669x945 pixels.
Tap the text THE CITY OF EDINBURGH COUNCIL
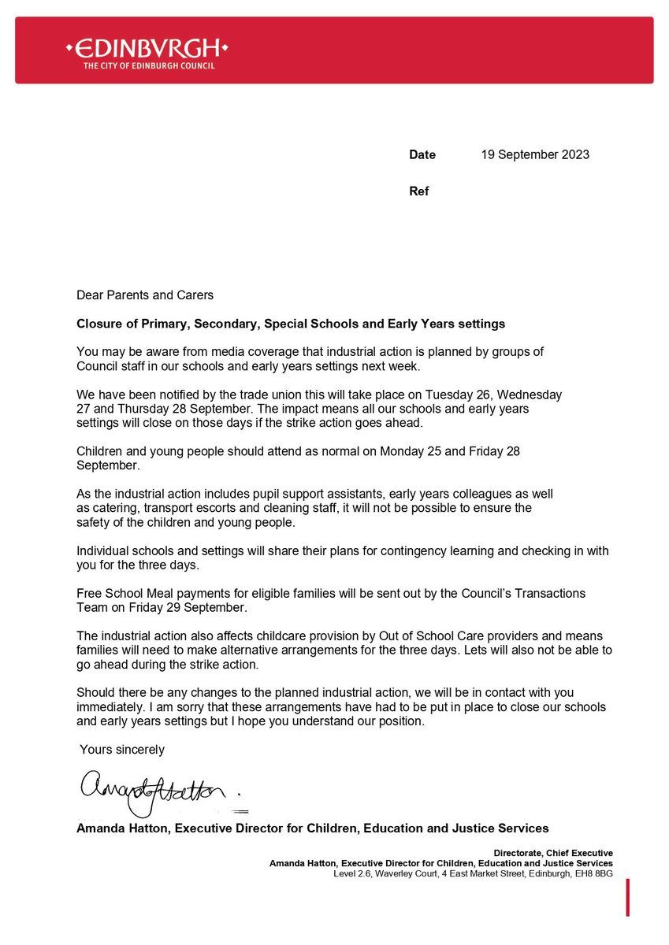149,66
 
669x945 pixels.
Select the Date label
422,155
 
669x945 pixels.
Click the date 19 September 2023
535,155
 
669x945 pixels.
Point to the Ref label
419,191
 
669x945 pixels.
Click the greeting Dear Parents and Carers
145,295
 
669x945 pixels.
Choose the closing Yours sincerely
122,750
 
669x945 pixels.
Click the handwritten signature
154,791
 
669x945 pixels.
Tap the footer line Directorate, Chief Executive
553,853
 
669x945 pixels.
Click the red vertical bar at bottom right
628,898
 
